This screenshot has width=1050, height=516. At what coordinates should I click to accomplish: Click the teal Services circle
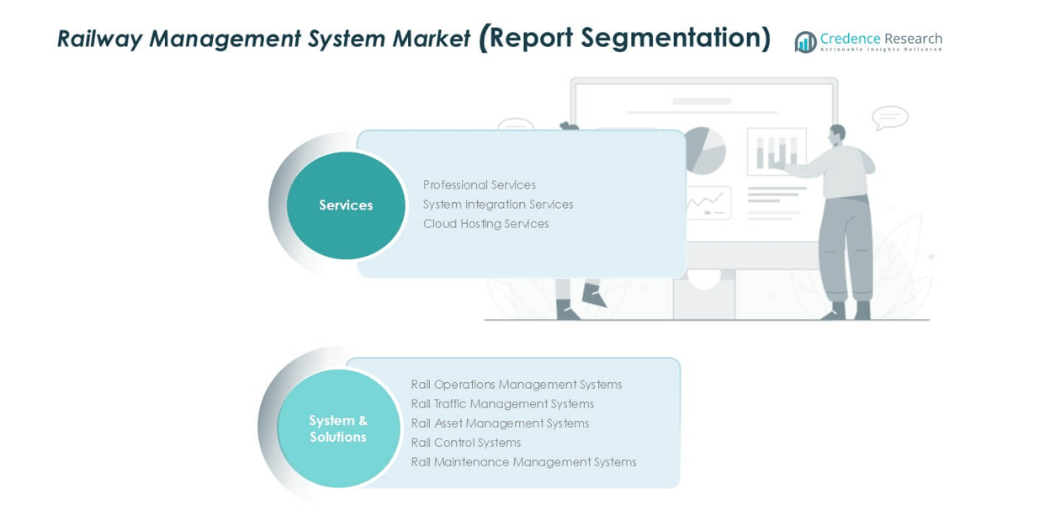click(x=346, y=205)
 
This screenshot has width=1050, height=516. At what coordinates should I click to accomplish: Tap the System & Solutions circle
click(x=338, y=428)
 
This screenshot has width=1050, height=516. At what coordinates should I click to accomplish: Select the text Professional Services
click(x=479, y=185)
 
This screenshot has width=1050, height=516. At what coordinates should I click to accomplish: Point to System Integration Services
click(x=497, y=205)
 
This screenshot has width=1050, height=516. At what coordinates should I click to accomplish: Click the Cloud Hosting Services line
click(x=485, y=224)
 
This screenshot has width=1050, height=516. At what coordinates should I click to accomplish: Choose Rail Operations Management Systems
click(x=516, y=385)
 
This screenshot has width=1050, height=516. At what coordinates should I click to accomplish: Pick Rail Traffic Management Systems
click(x=502, y=404)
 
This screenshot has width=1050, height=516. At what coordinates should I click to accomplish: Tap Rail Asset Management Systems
click(x=500, y=423)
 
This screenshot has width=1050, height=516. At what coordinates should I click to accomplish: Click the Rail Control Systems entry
click(x=465, y=443)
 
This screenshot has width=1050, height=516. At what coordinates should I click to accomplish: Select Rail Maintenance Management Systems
click(x=523, y=462)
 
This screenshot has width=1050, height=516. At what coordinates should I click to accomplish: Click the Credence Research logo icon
click(x=805, y=41)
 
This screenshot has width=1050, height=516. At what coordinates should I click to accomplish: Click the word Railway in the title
click(x=98, y=39)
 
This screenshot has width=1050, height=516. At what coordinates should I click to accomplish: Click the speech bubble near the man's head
click(x=889, y=117)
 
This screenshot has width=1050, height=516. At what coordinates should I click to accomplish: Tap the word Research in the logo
click(x=913, y=39)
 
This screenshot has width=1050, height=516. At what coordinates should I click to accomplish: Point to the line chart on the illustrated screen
click(x=705, y=202)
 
